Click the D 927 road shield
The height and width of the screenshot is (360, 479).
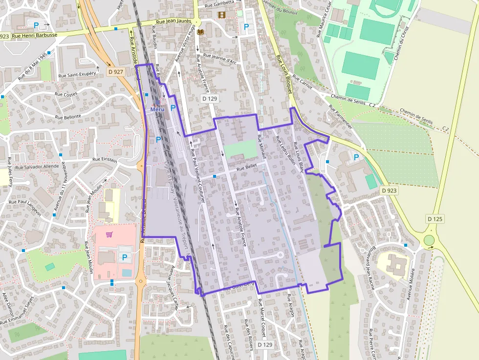(x=116, y=71)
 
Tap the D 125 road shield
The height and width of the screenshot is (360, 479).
(x=435, y=219)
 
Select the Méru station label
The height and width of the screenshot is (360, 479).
(x=158, y=109)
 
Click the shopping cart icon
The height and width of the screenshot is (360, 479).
(x=109, y=234)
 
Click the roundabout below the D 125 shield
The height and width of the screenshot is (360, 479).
(x=429, y=240)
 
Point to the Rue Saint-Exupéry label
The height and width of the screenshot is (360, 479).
(x=77, y=75)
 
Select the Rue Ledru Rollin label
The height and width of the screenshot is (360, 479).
(x=283, y=149)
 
